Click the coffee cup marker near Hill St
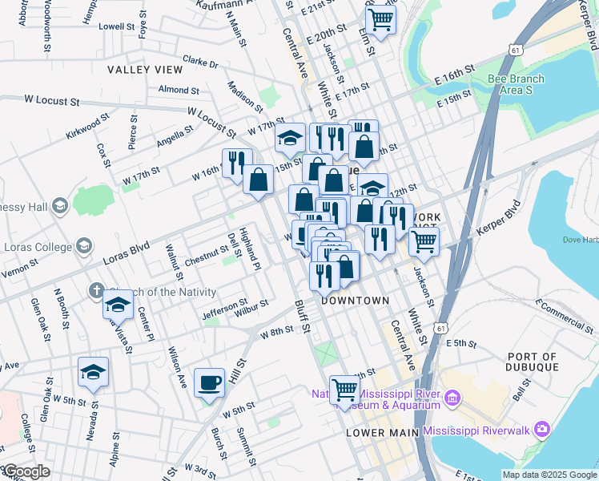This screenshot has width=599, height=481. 209,382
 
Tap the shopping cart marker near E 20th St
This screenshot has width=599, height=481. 380,19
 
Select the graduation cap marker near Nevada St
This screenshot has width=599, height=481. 94,373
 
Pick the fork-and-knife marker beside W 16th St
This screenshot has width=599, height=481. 237,164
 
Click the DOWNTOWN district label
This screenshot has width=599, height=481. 355,301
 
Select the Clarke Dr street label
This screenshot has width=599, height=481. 200,61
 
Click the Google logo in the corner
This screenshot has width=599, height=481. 26,471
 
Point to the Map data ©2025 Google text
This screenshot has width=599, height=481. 549,475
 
